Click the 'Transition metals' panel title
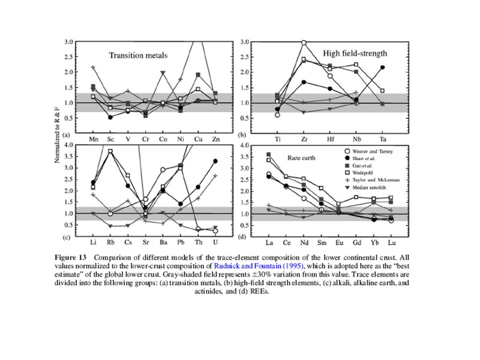coord(137,56)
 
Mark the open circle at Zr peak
coord(304,43)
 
